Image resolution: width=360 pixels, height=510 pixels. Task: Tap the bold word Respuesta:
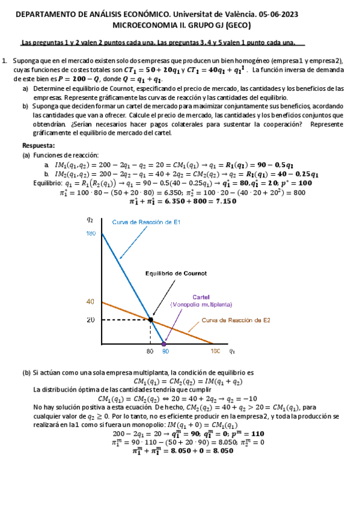(x=38, y=146)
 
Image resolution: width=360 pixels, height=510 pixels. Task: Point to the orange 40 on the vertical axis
(x=91, y=301)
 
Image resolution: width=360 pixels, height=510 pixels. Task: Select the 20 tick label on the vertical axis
(x=91, y=320)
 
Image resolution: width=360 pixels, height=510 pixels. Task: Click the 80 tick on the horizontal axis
(x=150, y=351)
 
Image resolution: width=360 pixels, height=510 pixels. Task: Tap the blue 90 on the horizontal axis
(x=165, y=351)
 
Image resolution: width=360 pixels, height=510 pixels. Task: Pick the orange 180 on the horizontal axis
(x=215, y=351)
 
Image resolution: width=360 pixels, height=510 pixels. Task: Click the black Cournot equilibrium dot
(x=150, y=320)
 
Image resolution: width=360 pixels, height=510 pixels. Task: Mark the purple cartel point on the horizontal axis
(x=164, y=343)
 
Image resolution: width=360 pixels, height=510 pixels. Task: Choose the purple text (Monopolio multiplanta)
(x=201, y=305)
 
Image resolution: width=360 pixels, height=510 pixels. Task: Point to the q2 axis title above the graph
(x=91, y=220)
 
